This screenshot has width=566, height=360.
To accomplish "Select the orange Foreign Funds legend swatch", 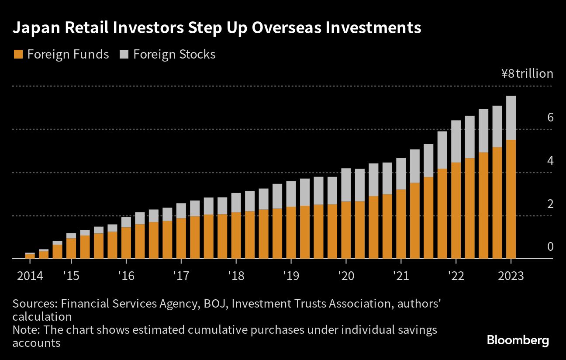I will point(18,55).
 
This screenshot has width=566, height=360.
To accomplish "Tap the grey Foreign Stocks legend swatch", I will point(124,55).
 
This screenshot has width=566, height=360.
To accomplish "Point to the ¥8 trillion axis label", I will point(527,74).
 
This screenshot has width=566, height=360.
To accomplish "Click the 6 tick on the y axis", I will point(550,117).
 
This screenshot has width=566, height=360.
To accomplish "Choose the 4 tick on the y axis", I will point(550,160).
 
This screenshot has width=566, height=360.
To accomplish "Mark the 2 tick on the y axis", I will point(550,204).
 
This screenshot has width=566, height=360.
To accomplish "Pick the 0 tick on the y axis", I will point(550,247).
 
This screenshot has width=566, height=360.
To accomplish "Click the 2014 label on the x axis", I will point(30,276).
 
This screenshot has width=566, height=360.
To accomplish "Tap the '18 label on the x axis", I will point(235,276).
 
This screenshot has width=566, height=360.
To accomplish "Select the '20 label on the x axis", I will point(345,276).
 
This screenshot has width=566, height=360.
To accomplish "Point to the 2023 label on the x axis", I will point(510,276).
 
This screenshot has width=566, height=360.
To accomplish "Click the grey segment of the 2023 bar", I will point(511,118).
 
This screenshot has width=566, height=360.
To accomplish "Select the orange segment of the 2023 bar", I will point(511,199).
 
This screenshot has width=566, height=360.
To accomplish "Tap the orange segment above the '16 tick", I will point(126,243).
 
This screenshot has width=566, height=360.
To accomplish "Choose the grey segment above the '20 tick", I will point(345,185).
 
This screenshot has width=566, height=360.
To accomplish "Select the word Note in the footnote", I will point(26,330).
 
